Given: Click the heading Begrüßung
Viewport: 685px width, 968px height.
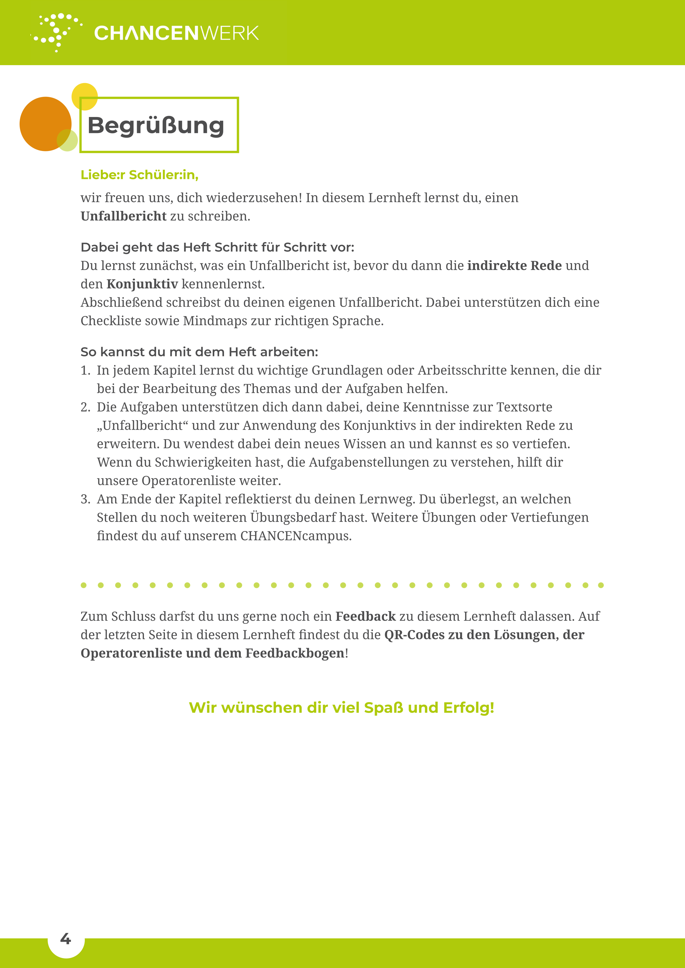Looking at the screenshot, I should (156, 126).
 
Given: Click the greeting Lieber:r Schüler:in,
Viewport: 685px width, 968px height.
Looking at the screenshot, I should (139, 174).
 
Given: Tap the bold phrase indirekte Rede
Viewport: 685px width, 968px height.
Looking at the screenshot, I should (514, 266).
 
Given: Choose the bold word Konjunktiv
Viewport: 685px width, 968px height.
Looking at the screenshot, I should (142, 284).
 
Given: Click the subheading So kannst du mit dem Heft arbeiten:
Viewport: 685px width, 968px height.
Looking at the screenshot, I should (199, 352).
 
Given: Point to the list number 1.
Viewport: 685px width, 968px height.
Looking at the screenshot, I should (85, 370).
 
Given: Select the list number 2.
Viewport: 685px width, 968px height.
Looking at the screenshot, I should (85, 407).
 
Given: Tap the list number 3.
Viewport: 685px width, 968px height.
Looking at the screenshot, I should (85, 499).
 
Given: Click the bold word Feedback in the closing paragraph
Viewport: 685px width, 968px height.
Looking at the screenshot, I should (365, 616).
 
